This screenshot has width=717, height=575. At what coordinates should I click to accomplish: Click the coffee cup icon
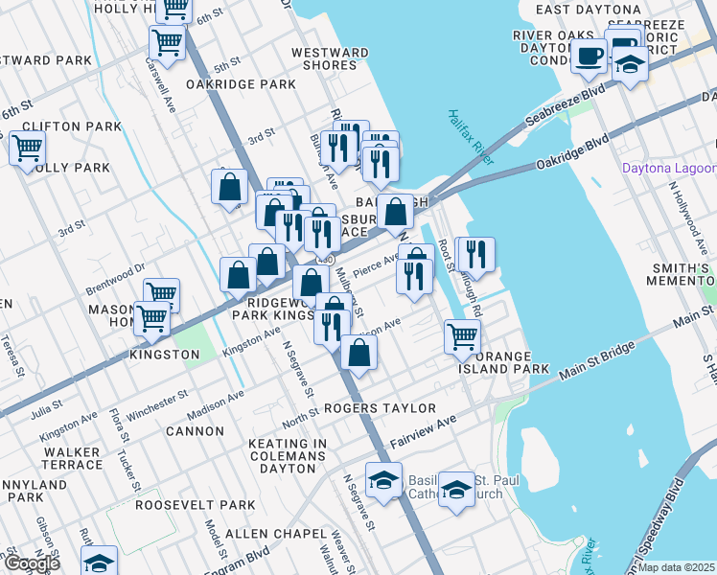(590, 55)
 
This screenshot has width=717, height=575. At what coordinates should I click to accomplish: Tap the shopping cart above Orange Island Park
(462, 336)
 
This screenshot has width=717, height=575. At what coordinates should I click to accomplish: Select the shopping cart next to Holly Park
(27, 149)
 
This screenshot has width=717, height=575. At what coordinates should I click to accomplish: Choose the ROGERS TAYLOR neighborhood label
(379, 408)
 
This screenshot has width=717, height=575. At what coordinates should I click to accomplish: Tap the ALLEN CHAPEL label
(253, 532)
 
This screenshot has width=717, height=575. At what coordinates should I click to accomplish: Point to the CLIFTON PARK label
(61, 126)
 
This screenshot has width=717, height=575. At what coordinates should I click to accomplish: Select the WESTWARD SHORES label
(330, 59)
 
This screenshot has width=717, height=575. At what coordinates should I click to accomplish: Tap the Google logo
(31, 563)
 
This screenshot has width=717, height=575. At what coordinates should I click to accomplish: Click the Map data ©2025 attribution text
(676, 567)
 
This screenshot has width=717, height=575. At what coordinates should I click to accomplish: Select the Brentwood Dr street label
(113, 272)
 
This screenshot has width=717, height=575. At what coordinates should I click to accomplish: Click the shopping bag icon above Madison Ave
(358, 352)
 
